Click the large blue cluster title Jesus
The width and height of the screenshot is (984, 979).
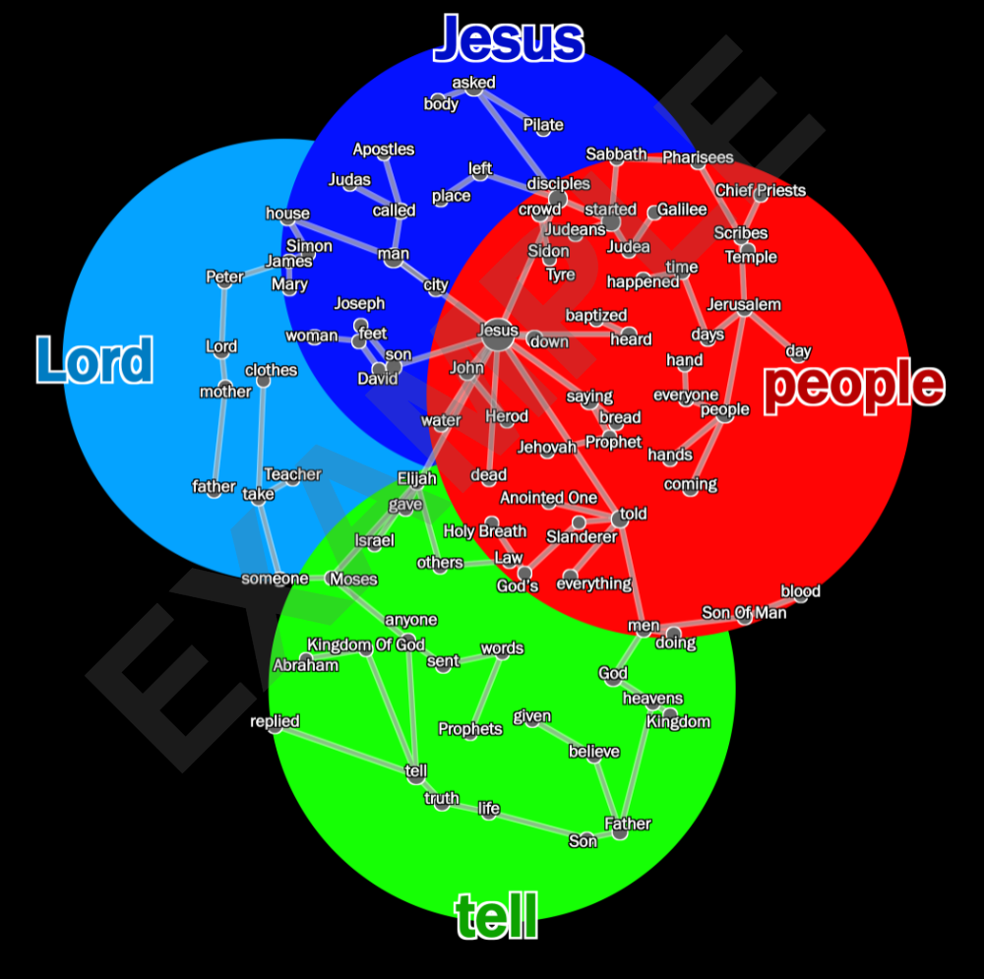509,39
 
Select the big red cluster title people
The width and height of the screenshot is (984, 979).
853,385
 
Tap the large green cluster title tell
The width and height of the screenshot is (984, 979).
497,917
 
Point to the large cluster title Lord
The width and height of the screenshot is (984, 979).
95,360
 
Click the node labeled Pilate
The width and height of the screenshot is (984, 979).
543,125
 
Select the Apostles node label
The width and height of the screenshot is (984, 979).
384,150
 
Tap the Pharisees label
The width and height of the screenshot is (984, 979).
698,157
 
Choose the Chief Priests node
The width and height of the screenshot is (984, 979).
760,191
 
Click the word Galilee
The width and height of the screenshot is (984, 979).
682,210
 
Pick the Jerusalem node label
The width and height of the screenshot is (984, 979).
743,304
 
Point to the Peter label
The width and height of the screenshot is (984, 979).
224,276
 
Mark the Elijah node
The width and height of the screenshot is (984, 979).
416,478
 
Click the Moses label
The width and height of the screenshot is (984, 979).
353,579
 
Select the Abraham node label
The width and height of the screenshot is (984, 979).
305,665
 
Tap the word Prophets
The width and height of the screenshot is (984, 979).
470,729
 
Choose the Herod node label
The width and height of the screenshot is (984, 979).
507,416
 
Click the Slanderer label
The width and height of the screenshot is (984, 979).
582,536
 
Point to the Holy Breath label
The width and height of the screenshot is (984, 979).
485,531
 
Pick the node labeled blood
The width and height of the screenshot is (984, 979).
800,591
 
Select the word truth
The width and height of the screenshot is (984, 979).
442,799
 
